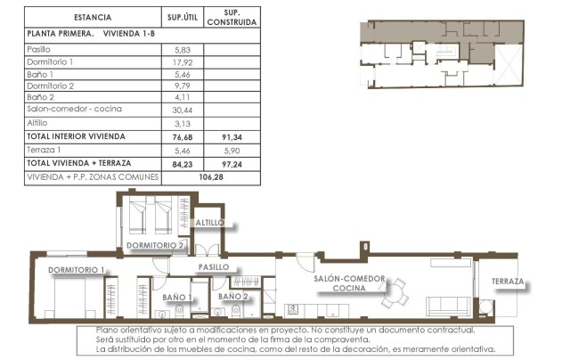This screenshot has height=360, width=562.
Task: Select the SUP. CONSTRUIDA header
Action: coord(232,17)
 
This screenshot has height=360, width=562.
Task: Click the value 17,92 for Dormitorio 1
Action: coord(182,62)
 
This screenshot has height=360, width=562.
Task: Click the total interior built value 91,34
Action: coord(232,136)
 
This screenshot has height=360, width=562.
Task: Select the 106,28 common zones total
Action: coord(210,176)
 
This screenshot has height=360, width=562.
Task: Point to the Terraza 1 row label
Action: coord(45,151)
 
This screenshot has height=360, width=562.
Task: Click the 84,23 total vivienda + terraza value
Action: coord(182,163)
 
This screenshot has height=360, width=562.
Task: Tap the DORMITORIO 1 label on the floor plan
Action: coord(77,269)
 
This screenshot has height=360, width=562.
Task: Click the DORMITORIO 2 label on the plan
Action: coord(155,244)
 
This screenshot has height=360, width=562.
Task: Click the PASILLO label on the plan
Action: coord(214,266)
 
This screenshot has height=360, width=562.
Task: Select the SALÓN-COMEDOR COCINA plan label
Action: coord(349,283)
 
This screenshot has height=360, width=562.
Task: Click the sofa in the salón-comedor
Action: coord(448,305)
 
